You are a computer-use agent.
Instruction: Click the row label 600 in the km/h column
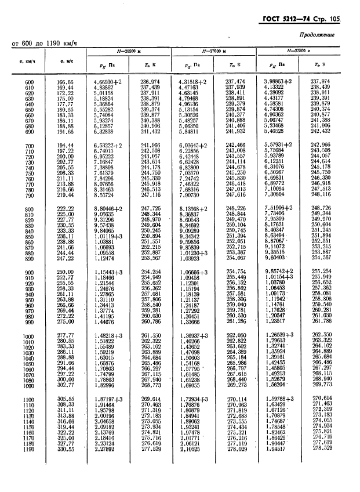coord(30,82)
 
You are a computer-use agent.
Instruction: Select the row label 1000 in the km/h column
coord(29,336)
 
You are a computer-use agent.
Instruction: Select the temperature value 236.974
coord(150,82)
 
